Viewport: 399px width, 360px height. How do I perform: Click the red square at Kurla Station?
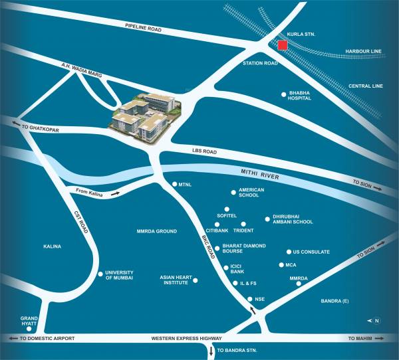click(x=283, y=45)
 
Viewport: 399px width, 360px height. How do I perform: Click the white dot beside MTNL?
click(x=174, y=184)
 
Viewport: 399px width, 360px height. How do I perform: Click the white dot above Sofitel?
click(x=227, y=209)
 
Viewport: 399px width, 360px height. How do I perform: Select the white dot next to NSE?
click(x=249, y=299)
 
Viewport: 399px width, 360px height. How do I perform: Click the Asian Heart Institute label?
click(x=175, y=280)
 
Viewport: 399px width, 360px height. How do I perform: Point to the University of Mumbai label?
click(x=120, y=275)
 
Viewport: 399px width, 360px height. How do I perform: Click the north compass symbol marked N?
click(x=376, y=321)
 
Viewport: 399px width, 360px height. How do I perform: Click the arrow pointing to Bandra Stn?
click(x=211, y=351)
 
